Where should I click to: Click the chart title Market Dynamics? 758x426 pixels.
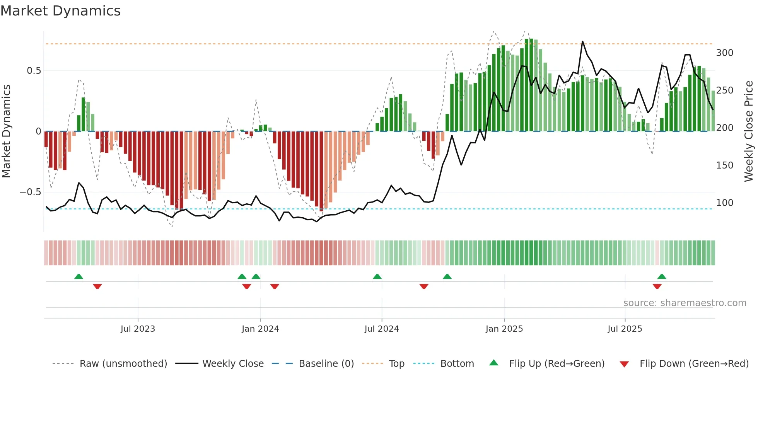pos(61,11)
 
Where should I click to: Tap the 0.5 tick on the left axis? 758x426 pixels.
pos(34,71)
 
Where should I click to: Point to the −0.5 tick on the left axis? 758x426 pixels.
pos(31,192)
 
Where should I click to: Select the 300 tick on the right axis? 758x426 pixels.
pos(724,53)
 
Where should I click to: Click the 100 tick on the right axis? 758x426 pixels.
pos(724,203)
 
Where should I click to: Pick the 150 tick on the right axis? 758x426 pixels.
pos(724,165)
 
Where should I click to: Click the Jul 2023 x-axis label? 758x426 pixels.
pos(138,329)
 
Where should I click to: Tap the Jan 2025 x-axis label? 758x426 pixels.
pos(504,329)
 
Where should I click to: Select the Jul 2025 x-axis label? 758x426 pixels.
pos(625,329)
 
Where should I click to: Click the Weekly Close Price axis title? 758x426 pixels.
pos(749,131)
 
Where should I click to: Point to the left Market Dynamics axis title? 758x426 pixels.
pos(6,131)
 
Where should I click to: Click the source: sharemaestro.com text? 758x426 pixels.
pos(685,303)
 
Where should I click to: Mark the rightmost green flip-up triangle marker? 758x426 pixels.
pos(662,277)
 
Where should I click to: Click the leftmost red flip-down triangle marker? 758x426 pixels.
pos(97,286)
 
